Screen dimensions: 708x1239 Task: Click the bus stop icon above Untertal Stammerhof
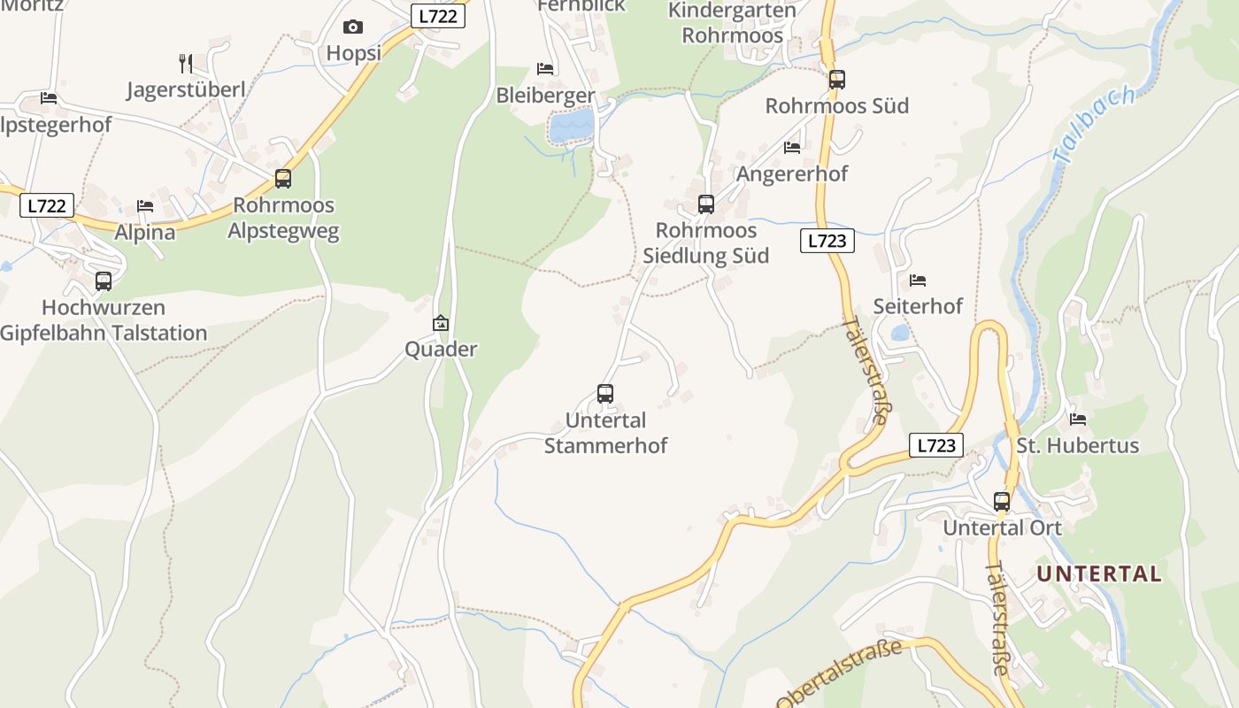pyautogui.click(x=605, y=394)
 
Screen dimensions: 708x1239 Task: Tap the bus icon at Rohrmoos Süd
pyautogui.click(x=836, y=80)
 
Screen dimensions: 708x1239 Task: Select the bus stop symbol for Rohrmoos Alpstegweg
pyautogui.click(x=283, y=179)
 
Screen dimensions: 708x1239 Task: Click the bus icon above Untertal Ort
pyautogui.click(x=1002, y=502)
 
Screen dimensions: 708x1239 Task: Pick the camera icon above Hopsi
pyautogui.click(x=353, y=27)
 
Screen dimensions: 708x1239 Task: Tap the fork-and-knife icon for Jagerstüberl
pyautogui.click(x=186, y=64)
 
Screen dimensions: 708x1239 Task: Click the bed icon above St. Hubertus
pyautogui.click(x=1077, y=419)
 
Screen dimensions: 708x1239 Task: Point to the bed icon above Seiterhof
pyautogui.click(x=918, y=281)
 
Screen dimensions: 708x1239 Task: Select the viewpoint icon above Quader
pyautogui.click(x=441, y=323)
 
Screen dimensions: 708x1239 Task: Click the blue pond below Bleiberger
pyautogui.click(x=571, y=126)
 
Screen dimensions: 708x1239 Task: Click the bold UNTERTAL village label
pyautogui.click(x=1099, y=573)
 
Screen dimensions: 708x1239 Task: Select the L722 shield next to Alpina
pyautogui.click(x=46, y=206)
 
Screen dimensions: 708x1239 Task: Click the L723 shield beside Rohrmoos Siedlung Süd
pyautogui.click(x=827, y=241)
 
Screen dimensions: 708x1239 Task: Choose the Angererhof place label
pyautogui.click(x=792, y=173)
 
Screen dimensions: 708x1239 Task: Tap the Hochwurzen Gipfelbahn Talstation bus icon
pyautogui.click(x=104, y=282)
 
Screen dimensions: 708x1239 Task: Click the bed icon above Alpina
pyautogui.click(x=145, y=206)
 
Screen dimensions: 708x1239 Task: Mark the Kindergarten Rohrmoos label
pyautogui.click(x=732, y=23)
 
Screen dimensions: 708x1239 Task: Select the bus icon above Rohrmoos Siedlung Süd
pyautogui.click(x=706, y=204)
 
